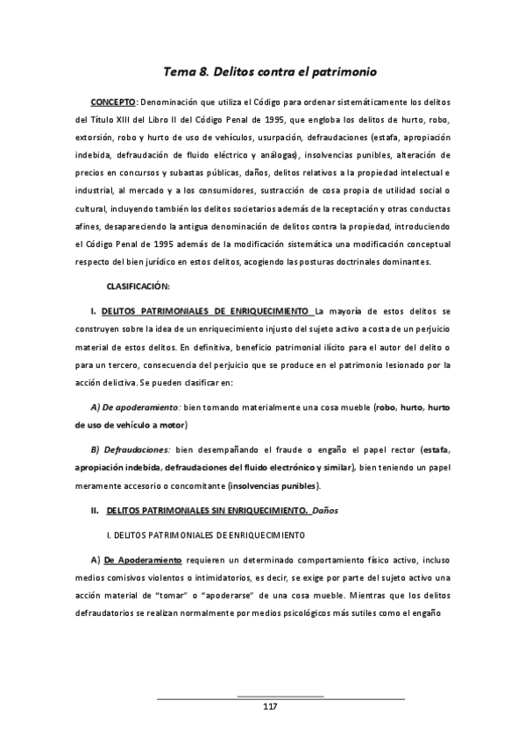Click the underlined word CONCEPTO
click(113, 101)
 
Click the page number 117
click(269, 707)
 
